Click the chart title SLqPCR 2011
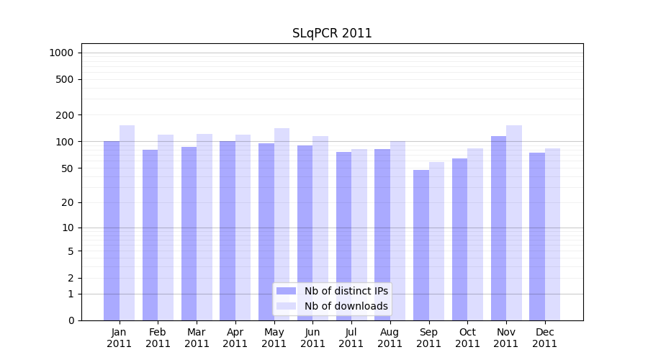tap(332, 33)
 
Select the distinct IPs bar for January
tap(112, 230)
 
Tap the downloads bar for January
tap(127, 222)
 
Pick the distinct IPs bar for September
tap(421, 245)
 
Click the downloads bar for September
tap(437, 241)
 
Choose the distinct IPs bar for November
tap(498, 228)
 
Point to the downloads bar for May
tap(282, 224)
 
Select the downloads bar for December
tap(553, 234)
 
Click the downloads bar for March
tap(204, 227)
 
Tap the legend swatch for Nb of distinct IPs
tap(287, 291)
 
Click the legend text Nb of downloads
tap(346, 306)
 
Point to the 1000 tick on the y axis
tap(61, 53)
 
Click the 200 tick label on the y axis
tap(66, 115)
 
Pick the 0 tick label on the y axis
tap(71, 320)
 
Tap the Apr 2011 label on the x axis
tap(235, 338)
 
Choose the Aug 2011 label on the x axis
tap(390, 338)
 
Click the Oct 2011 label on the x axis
tap(467, 338)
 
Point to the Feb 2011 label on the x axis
tap(158, 338)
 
